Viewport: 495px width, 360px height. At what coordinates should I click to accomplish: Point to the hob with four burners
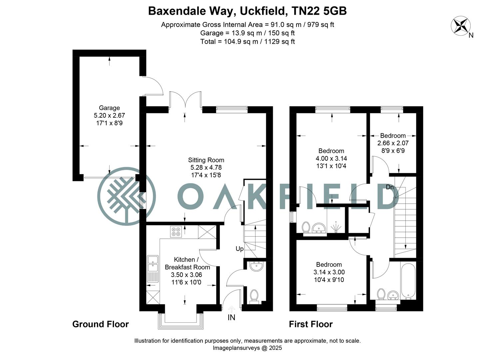[176, 232]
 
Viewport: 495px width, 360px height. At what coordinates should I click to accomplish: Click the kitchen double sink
[153, 263]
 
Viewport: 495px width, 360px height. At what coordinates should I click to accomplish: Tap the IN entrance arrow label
[231, 317]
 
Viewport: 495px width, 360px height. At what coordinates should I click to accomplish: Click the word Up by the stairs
[240, 249]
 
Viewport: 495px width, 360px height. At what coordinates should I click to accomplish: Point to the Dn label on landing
[390, 187]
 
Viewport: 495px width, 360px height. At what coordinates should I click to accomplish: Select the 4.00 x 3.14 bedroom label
[331, 158]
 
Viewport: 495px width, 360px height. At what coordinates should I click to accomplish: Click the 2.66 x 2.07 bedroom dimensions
[393, 143]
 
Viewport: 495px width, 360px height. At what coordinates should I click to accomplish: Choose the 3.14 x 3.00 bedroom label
[329, 272]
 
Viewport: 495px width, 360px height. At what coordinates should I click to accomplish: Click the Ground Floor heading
[100, 324]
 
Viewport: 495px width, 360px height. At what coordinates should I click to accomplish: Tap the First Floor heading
[310, 324]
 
